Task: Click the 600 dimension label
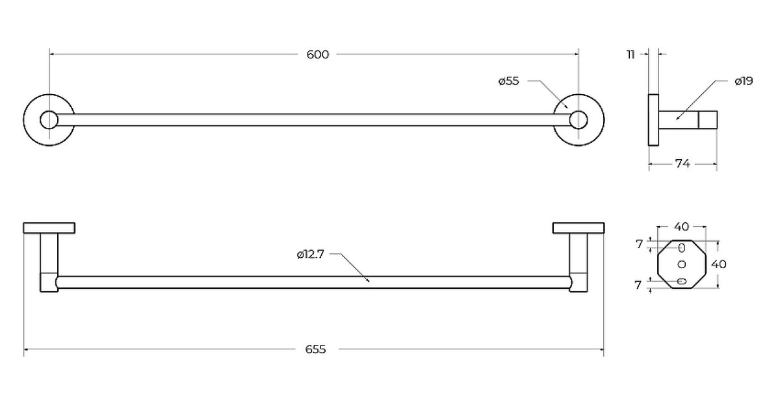317,55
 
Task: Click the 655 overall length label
315,349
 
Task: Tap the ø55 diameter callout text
509,81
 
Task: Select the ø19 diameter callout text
744,81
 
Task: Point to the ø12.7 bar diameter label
310,255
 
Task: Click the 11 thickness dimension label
630,55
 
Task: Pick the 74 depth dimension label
682,164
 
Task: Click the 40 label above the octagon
681,227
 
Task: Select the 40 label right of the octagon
719,264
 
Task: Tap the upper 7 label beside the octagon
639,244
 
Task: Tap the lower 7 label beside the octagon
638,285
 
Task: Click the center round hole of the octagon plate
682,264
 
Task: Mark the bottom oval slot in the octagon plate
681,281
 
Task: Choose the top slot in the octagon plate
682,248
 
